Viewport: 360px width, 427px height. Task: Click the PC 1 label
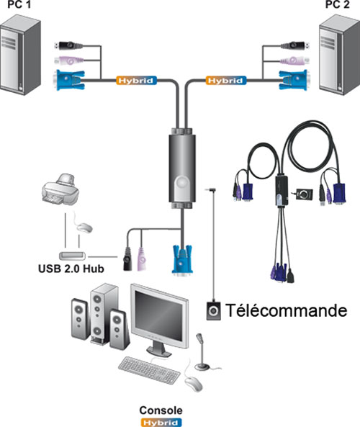click(19, 4)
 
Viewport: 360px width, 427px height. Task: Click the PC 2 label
click(338, 4)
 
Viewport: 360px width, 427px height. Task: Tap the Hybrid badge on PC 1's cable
click(136, 81)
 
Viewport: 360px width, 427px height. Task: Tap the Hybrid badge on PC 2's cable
click(226, 81)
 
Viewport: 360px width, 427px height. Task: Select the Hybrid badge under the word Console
click(161, 423)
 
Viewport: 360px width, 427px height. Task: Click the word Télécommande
click(287, 310)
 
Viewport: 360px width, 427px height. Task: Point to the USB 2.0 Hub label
click(71, 269)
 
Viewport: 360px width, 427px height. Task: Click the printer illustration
click(60, 189)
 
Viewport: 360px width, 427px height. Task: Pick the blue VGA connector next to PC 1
click(70, 80)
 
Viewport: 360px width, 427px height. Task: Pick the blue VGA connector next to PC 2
click(294, 80)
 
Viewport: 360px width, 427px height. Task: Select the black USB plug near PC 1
click(69, 45)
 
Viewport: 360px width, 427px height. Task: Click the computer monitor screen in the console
click(159, 316)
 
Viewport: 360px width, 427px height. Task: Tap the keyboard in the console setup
click(149, 370)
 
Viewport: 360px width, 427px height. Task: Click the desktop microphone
click(202, 353)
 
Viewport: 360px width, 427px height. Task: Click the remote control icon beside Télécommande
click(214, 310)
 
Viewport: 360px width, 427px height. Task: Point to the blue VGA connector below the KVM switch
click(182, 259)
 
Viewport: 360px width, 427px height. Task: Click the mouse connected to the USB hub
click(84, 227)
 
